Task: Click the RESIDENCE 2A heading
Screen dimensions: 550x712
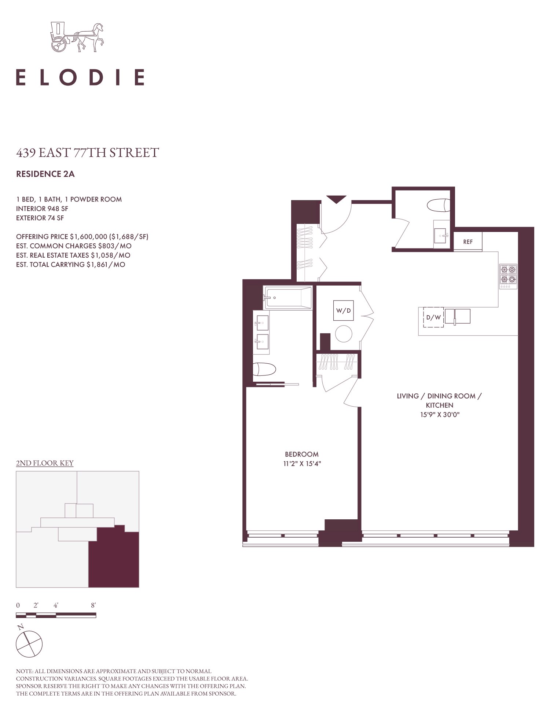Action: (x=45, y=174)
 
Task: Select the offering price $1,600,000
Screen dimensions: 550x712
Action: (x=88, y=237)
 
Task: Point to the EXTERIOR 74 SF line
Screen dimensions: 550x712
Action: (x=40, y=218)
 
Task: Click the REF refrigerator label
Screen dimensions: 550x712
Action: (x=468, y=242)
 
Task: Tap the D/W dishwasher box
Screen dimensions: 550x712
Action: (x=433, y=317)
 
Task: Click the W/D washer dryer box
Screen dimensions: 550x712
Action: (x=344, y=310)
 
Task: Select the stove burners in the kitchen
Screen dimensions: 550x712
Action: (x=508, y=276)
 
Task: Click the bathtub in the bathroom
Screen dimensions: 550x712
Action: (x=288, y=298)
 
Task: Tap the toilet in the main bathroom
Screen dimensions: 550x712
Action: (x=264, y=369)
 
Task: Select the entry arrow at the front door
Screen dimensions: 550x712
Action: (x=336, y=199)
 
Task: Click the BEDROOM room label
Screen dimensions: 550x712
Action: (x=302, y=454)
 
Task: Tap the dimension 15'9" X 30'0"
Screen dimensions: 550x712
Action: (x=440, y=415)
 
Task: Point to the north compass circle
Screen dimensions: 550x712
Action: (x=29, y=644)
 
